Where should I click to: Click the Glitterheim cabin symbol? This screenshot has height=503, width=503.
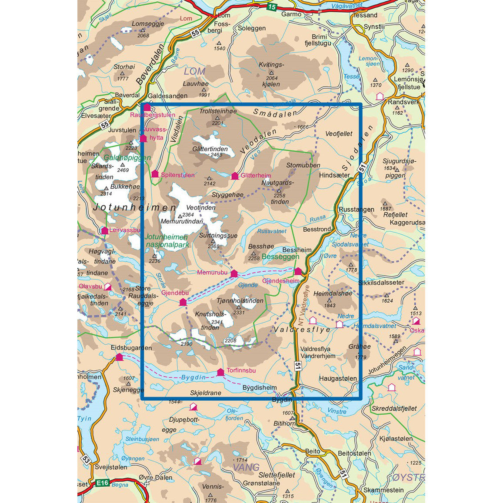coord(235,176)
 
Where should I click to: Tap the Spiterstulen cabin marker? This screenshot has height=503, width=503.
coord(155,174)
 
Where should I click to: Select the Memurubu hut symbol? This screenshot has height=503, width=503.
coord(234,273)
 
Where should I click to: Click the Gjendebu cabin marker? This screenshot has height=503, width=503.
coord(183,302)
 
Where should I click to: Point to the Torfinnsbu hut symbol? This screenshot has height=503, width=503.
coord(220,372)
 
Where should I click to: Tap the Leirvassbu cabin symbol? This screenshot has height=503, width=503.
coord(105,230)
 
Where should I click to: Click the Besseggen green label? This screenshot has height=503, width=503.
coord(280,257)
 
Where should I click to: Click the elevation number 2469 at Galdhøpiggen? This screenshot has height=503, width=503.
coord(123,170)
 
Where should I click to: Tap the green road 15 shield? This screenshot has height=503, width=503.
coord(271,7)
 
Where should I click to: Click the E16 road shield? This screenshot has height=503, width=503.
coord(102,483)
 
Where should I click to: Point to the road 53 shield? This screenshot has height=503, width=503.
coord(85,459)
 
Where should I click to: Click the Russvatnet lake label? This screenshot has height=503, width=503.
coord(272,231)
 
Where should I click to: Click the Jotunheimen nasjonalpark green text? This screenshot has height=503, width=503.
coord(167,241)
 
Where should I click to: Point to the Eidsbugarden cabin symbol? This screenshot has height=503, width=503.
coord(119,357)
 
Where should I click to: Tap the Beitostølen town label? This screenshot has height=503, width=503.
coord(354,453)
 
